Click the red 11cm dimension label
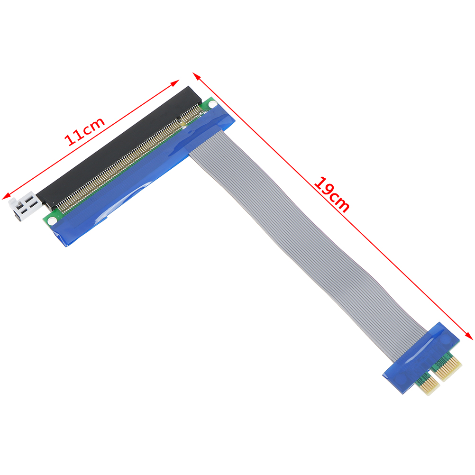pos(84,131)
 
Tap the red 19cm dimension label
pos(332,194)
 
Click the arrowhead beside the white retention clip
pos(5,197)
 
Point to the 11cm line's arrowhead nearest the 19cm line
pos(175,82)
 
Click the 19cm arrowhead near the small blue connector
pos(469,336)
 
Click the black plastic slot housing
pos(119,148)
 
